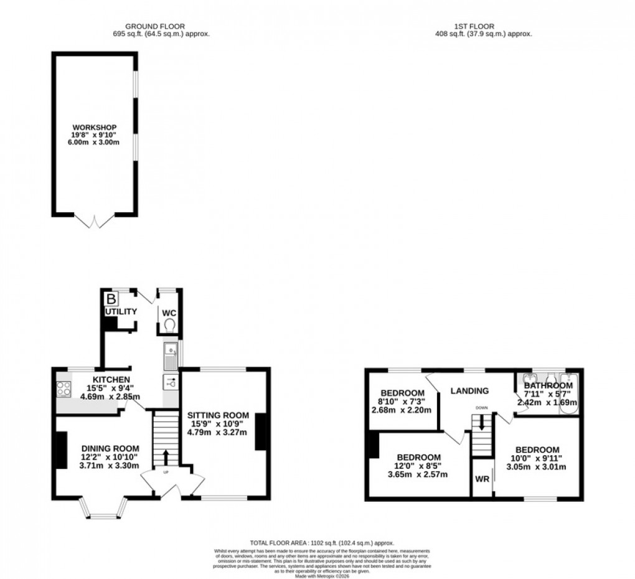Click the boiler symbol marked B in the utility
coord(110,298)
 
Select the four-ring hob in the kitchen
coord(63,388)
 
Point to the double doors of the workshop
coord(95,220)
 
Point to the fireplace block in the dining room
coord(62,450)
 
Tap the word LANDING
coord(470,391)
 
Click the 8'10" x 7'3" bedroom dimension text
coord(402,402)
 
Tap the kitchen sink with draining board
coord(170,357)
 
